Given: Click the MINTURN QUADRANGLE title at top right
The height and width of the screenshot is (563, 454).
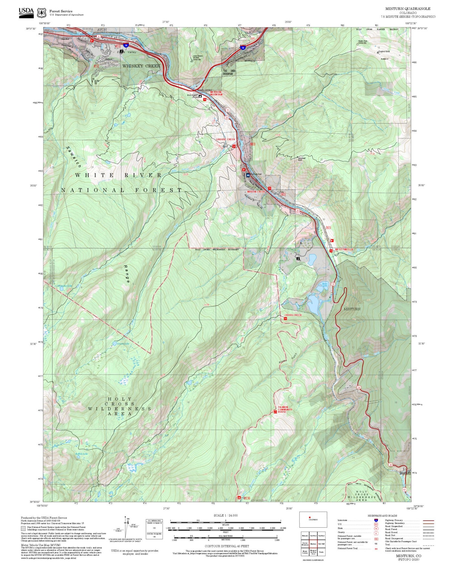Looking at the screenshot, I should pyautogui.click(x=408, y=8).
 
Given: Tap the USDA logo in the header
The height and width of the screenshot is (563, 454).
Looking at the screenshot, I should pyautogui.click(x=26, y=12).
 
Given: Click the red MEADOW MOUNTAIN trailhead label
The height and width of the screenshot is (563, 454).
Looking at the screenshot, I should pyautogui.click(x=216, y=93).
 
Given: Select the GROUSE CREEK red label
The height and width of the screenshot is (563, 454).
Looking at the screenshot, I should pyautogui.click(x=225, y=139).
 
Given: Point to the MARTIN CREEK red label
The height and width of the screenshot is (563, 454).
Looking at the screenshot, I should pyautogui.click(x=256, y=192).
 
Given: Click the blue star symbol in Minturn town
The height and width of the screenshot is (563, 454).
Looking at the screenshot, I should pyautogui.click(x=248, y=175).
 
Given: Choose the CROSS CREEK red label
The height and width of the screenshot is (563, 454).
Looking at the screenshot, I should pyautogui.click(x=293, y=315).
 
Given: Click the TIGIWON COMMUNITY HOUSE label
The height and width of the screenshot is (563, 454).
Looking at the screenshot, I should pyautogui.click(x=285, y=410).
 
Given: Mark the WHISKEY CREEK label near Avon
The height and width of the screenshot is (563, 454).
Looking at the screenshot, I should pyautogui.click(x=141, y=66).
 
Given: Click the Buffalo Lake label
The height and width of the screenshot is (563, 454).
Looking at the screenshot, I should pyautogui.click(x=81, y=454).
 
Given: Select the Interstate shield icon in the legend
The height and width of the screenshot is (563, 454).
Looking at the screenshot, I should pyautogui.click(x=376, y=520).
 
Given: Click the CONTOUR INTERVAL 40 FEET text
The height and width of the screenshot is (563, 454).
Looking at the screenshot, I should pyautogui.click(x=227, y=546).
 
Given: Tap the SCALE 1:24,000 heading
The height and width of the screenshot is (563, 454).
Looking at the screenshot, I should pyautogui.click(x=225, y=515).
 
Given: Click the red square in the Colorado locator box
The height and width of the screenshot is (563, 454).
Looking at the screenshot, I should pyautogui.click(x=310, y=517).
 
